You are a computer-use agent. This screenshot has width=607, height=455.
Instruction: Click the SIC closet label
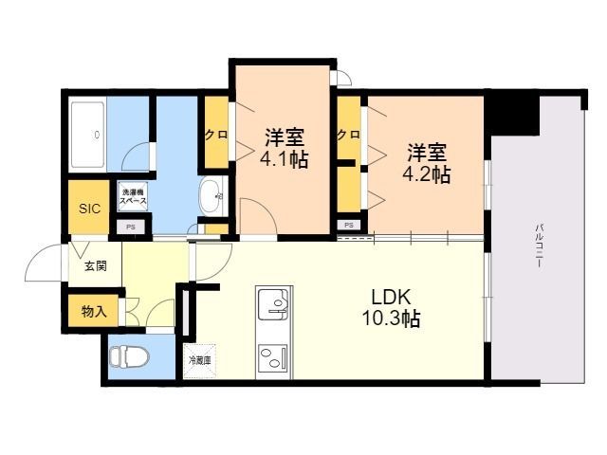89,209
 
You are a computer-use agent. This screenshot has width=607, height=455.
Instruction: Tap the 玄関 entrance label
96,266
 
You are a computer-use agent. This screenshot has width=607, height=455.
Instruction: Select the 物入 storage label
94,311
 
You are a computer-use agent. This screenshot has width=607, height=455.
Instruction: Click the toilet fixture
129,356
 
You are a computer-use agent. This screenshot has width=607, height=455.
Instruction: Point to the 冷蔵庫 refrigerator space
200,360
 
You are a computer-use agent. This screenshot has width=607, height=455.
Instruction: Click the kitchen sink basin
274,303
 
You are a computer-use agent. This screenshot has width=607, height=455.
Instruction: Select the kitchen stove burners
274,358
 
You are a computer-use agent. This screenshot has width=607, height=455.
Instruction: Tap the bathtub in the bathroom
88,135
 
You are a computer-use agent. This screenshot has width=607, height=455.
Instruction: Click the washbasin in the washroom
211,196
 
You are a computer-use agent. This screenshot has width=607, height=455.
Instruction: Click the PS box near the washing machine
131,227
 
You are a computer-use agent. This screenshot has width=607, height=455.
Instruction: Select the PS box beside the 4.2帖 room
349,225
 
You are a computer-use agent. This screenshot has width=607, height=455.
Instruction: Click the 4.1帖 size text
285,158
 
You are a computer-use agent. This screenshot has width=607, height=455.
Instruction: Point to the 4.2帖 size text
427,174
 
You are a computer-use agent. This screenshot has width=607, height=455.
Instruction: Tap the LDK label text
391,297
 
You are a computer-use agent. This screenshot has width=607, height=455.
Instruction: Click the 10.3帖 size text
391,318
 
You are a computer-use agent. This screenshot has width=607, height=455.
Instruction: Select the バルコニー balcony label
538,246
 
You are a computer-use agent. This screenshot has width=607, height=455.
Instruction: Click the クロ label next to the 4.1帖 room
216,135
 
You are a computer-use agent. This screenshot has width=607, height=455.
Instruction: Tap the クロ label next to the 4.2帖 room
349,135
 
